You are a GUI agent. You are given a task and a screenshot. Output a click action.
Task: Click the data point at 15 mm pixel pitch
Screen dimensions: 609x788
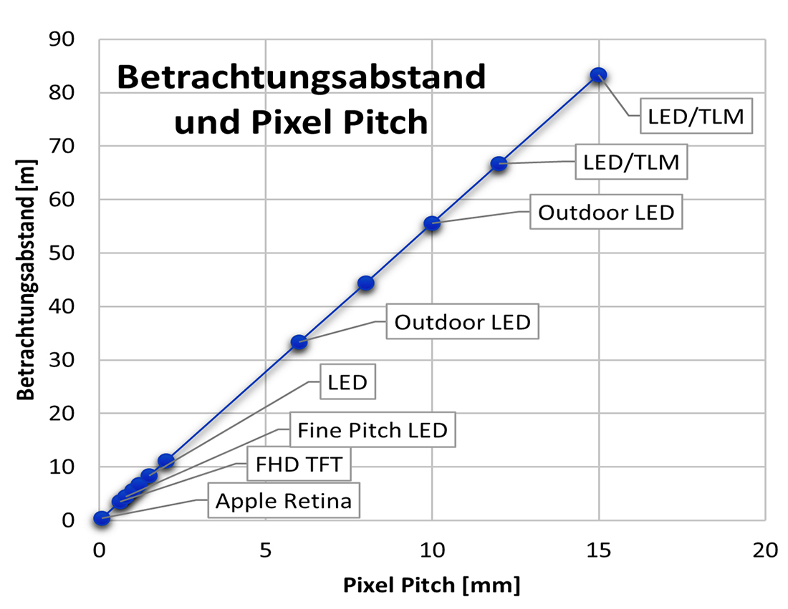(x=598, y=74)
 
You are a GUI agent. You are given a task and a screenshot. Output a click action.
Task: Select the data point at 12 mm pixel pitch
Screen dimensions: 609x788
(x=499, y=164)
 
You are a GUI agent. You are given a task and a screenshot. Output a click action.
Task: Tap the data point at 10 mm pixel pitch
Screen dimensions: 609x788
(x=432, y=223)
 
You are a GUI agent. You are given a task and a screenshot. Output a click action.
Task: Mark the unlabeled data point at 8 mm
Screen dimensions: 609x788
(x=365, y=283)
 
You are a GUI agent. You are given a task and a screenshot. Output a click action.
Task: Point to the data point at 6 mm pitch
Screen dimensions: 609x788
(x=299, y=342)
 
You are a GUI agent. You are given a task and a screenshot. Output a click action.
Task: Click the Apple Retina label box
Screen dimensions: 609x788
(x=284, y=501)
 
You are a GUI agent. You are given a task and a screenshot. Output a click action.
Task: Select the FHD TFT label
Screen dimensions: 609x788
(x=299, y=467)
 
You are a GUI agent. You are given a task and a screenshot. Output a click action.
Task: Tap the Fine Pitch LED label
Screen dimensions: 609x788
(x=372, y=431)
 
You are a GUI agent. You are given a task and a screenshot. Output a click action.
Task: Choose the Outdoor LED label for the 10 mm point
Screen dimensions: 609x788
(x=606, y=213)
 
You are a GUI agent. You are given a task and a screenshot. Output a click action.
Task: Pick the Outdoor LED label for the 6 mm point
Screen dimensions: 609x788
(x=462, y=322)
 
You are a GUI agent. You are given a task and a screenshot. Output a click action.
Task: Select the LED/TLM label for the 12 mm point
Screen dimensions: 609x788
(x=631, y=162)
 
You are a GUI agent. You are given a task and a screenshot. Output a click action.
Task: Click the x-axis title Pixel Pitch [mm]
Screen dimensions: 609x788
(x=431, y=585)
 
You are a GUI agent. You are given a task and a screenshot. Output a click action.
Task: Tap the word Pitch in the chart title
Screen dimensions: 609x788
(x=387, y=123)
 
